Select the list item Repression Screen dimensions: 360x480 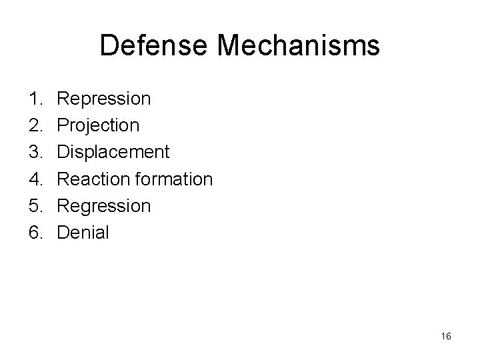coord(104,99)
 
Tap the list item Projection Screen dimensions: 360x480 coord(98,125)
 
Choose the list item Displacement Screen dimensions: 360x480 coord(113,152)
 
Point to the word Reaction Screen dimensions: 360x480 coord(88,179)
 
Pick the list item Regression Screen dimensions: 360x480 coord(104,206)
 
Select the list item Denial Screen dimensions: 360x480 coord(83,233)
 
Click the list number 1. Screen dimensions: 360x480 coord(35,99)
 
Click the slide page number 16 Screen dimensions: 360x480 coord(446,336)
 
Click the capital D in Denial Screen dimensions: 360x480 coord(63,233)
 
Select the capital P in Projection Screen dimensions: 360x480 coord(63,125)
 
